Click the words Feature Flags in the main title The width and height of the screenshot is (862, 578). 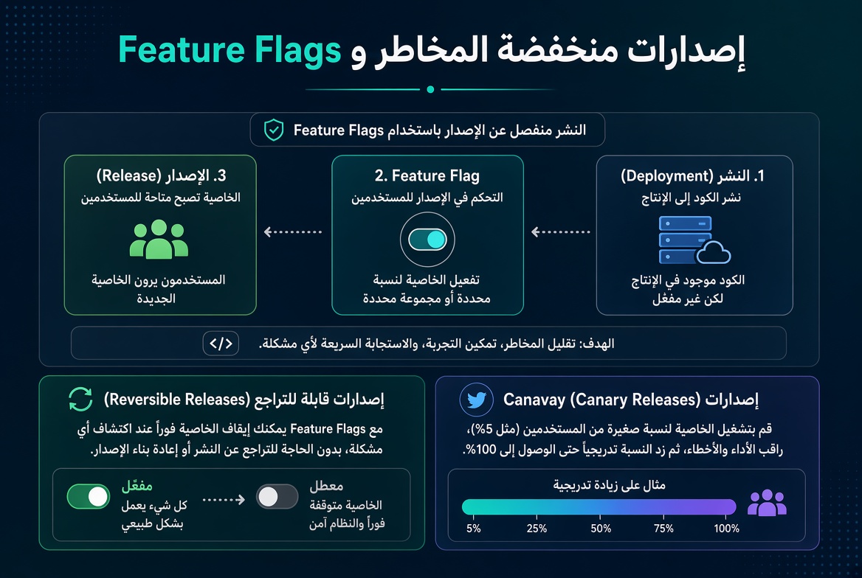(x=230, y=51)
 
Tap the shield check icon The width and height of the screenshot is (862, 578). (x=274, y=130)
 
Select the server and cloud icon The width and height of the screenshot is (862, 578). (x=694, y=240)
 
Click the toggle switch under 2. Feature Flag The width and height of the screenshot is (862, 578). (x=427, y=240)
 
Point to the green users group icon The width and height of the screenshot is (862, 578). (x=159, y=239)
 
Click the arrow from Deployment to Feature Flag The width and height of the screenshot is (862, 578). (x=560, y=231)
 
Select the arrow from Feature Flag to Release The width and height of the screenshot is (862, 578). (x=293, y=231)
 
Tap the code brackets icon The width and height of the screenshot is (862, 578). (x=221, y=344)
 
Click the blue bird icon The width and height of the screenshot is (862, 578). (x=476, y=400)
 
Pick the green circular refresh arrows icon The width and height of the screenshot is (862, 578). (x=81, y=399)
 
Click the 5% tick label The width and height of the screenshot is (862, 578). (x=473, y=529)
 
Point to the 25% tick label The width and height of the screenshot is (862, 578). (x=537, y=529)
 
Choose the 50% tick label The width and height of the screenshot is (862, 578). (x=601, y=529)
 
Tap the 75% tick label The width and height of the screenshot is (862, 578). (x=663, y=529)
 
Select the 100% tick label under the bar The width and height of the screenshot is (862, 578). (x=726, y=529)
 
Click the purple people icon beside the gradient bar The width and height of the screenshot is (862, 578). (x=767, y=503)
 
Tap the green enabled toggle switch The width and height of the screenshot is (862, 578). (x=89, y=497)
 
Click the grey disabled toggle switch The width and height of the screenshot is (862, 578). (x=277, y=497)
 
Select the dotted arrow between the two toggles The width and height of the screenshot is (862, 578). (x=224, y=499)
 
